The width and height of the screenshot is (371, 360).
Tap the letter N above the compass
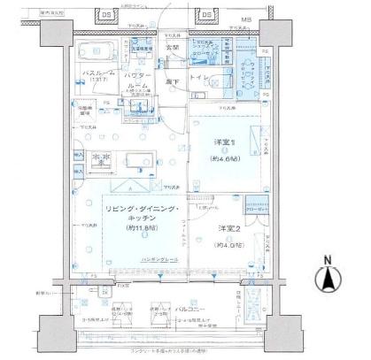point(328,260)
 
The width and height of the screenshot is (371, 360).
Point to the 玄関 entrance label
point(172,46)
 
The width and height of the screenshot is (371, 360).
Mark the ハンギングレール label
point(135,259)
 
